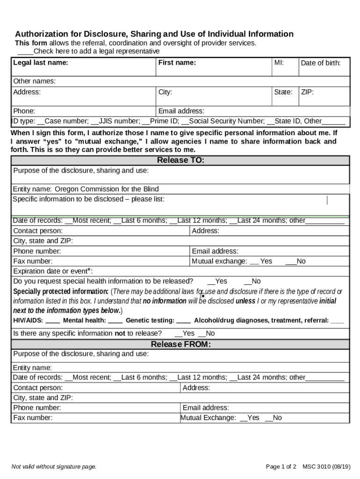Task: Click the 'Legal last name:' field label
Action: click(x=41, y=63)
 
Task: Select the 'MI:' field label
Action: click(x=279, y=63)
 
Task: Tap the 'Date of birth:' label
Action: click(x=320, y=63)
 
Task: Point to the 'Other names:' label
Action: click(x=34, y=81)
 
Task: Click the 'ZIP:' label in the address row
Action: click(x=307, y=92)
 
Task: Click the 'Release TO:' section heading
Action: click(x=180, y=160)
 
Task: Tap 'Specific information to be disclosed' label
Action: click(x=88, y=199)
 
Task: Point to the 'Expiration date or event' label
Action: click(x=52, y=271)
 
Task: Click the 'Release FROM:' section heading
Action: click(x=180, y=345)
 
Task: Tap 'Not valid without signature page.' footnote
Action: click(x=54, y=466)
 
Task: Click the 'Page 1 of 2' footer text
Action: click(x=281, y=466)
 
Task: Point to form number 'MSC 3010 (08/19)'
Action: click(x=326, y=466)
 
